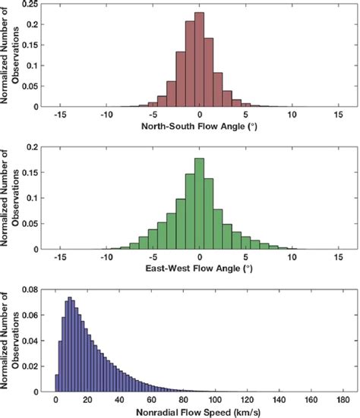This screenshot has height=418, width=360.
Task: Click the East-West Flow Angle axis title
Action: [x=199, y=269]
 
